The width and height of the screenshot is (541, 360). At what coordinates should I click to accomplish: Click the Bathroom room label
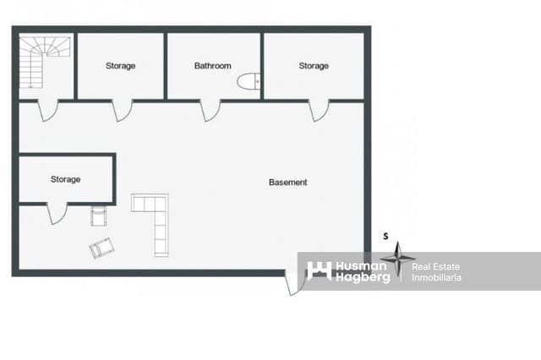pos(212,66)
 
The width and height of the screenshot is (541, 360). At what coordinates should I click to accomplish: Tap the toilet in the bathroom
pos(249,81)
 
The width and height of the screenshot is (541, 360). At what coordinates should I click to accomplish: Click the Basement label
pos(287,182)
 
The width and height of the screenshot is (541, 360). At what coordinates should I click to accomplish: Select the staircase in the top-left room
pos(45,62)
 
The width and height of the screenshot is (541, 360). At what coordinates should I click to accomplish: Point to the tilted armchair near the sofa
pos(101,248)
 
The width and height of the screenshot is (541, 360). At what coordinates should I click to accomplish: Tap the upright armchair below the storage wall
pos(99,215)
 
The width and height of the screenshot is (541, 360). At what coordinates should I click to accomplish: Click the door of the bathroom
pos(210,111)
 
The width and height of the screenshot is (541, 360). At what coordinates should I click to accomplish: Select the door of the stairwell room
pos(47,111)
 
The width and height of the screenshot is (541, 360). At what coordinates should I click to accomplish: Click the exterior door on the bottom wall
pos(295,283)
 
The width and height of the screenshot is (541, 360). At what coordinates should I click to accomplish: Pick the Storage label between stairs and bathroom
pos(120,66)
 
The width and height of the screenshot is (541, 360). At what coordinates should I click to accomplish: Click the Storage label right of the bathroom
pos(314,66)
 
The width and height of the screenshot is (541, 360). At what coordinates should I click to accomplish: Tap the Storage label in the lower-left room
pos(66,179)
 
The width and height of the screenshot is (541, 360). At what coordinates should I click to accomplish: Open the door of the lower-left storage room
pos(57,214)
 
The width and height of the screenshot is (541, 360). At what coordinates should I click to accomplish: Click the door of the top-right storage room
pos(319,111)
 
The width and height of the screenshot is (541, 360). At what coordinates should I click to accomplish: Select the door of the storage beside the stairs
pos(122,111)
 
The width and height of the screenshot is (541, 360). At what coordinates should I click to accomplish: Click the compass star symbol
pos(398,259)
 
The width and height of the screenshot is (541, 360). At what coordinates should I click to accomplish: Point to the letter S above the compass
pos(385,237)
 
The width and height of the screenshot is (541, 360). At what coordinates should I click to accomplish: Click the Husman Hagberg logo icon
pos(320,270)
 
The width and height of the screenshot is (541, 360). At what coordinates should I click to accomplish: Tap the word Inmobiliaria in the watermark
pos(436,277)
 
